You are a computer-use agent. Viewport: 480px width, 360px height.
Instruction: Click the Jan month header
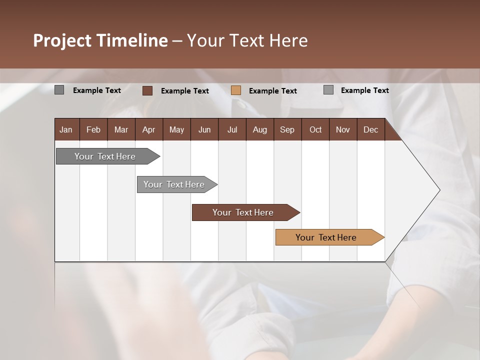[x=66, y=130]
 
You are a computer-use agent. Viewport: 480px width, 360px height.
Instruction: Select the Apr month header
[x=148, y=130]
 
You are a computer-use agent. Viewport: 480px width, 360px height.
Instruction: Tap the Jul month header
[x=232, y=130]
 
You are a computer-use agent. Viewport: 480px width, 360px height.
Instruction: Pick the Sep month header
[x=287, y=130]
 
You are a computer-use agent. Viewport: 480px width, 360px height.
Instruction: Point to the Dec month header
[x=370, y=130]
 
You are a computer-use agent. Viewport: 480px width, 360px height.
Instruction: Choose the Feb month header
[x=93, y=130]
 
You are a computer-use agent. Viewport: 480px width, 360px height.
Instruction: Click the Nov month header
[x=342, y=130]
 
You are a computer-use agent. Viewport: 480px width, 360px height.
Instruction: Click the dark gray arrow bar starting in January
[x=105, y=156]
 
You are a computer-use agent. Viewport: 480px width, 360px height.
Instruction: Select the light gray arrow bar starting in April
[x=174, y=184]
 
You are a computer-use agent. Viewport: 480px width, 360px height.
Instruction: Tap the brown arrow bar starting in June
[x=243, y=212]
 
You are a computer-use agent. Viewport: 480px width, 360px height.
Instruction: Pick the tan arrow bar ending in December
[x=326, y=237]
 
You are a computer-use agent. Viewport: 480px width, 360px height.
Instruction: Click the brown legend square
[x=147, y=90]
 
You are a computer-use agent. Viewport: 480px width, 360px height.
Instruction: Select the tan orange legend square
[x=236, y=90]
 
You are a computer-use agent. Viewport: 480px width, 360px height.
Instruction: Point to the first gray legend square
[x=59, y=90]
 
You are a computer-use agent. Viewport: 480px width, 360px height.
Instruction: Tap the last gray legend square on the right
[x=328, y=90]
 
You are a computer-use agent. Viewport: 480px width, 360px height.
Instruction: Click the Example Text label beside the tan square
[x=272, y=91]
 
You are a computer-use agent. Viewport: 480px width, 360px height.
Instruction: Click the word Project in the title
[x=62, y=41]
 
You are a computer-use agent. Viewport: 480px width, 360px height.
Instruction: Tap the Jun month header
[x=204, y=130]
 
